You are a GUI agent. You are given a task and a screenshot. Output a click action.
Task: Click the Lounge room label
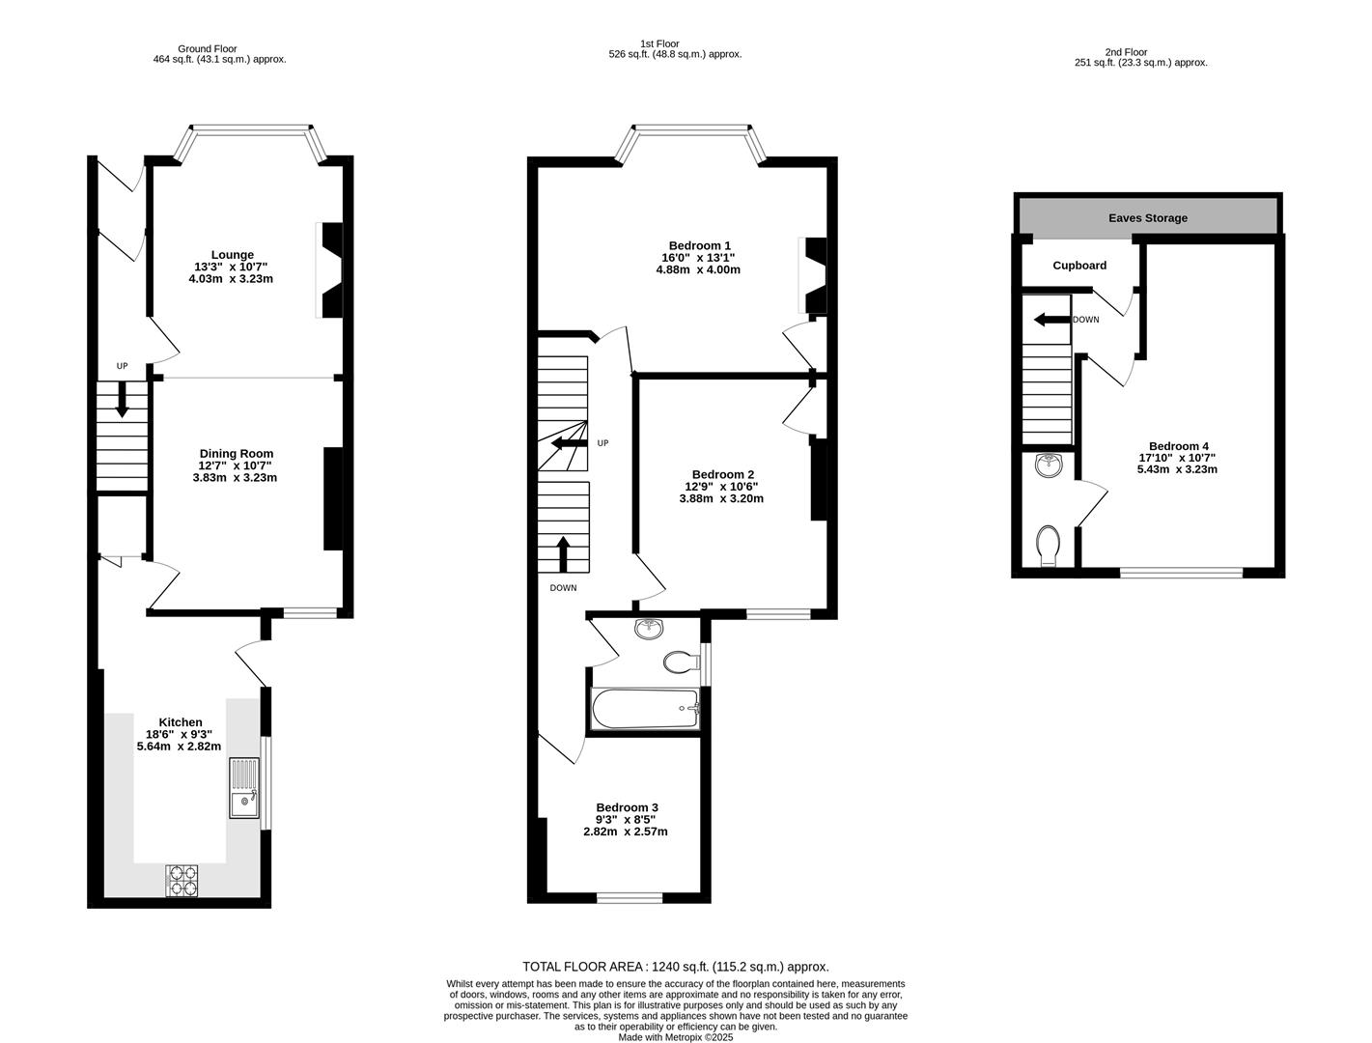tap(232, 255)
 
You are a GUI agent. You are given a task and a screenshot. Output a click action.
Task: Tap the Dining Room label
tap(237, 453)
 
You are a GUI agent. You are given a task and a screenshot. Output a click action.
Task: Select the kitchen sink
tap(244, 788)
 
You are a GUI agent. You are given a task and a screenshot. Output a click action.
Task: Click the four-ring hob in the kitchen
tap(182, 879)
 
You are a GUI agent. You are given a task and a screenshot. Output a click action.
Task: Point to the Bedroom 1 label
tap(699, 245)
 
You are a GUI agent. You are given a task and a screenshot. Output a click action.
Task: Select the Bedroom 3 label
tap(627, 807)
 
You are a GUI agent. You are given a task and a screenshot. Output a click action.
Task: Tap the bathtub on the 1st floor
tap(643, 709)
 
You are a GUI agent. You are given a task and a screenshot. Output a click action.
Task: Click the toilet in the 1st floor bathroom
tap(681, 662)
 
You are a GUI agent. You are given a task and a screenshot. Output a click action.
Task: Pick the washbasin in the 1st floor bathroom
tap(650, 630)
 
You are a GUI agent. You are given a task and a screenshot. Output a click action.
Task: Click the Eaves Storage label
tap(1147, 218)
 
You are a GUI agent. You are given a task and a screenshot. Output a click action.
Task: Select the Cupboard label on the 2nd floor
tap(1079, 265)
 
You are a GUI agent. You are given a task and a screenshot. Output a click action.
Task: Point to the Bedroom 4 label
tap(1178, 445)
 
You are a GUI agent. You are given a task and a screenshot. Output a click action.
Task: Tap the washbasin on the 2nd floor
tap(1047, 467)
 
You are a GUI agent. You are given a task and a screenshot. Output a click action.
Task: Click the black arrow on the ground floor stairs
tap(122, 400)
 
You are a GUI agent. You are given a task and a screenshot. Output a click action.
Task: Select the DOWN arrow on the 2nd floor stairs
tap(1050, 320)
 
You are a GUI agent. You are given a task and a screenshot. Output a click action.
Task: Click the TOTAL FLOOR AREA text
tap(675, 966)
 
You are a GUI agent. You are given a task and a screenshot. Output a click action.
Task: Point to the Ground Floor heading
tap(207, 48)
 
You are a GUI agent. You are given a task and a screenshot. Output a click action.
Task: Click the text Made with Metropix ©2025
tap(675, 1037)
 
